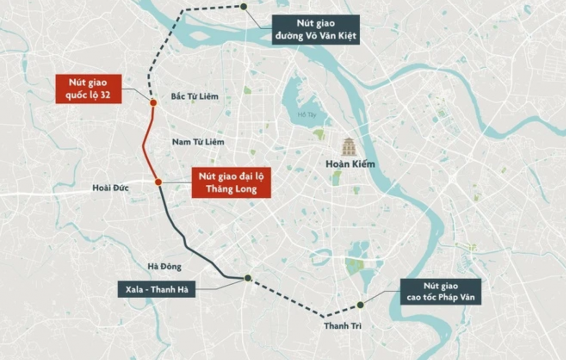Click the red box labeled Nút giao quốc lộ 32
coord(88,89)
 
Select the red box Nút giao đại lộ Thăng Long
coord(231,182)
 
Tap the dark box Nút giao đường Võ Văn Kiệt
coord(316,30)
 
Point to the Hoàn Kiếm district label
coord(350,164)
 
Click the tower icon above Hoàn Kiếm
coord(349,146)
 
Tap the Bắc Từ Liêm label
coord(194,96)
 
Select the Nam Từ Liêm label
coord(198,142)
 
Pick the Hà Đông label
coord(165,266)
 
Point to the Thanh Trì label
coord(342,326)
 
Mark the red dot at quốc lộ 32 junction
coord(153,103)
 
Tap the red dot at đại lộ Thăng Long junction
coord(158,182)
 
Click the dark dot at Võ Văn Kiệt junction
coord(244,6)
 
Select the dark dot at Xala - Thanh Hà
coord(248,278)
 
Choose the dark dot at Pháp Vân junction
coord(360,305)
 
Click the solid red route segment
coord(144,144)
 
